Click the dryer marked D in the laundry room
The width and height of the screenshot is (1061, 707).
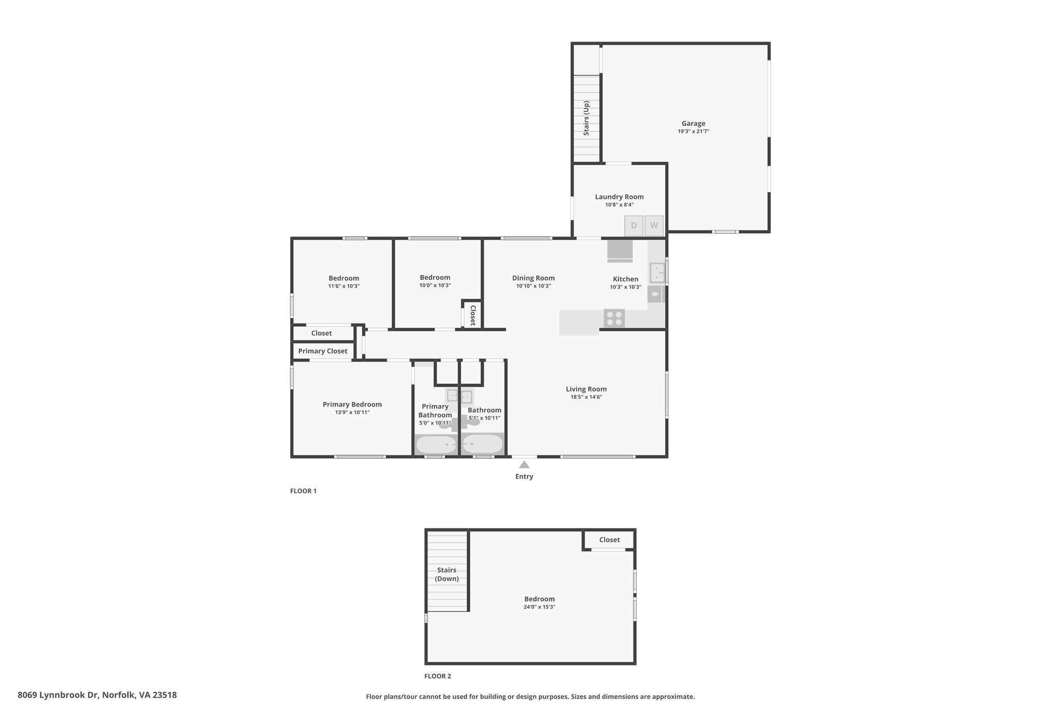point(634,226)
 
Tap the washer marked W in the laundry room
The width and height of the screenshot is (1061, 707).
point(654,226)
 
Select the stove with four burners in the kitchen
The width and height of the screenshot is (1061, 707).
point(614,318)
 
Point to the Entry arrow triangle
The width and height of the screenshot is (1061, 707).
point(524,465)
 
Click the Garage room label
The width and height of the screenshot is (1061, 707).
point(693,123)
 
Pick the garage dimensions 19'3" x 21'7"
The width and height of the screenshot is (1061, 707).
point(693,132)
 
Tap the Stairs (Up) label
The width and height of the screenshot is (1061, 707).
point(586,118)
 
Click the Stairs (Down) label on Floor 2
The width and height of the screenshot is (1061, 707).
point(447,574)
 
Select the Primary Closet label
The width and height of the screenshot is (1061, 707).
point(323,351)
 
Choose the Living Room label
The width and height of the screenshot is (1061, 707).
point(586,389)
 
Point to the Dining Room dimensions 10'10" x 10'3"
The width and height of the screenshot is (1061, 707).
point(533,286)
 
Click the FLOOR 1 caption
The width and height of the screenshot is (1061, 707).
point(303,491)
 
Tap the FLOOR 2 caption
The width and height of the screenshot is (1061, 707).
point(438,676)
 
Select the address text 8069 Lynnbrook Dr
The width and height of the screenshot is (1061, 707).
point(58,695)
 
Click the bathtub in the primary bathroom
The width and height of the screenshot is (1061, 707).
point(436,444)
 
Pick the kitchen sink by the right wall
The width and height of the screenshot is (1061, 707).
point(657,272)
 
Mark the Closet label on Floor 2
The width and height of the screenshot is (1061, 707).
point(609,540)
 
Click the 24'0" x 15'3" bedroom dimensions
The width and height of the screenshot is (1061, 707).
point(539,607)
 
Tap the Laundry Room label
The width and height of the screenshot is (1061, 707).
point(619,197)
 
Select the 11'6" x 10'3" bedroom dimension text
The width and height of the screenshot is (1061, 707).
point(343,286)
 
